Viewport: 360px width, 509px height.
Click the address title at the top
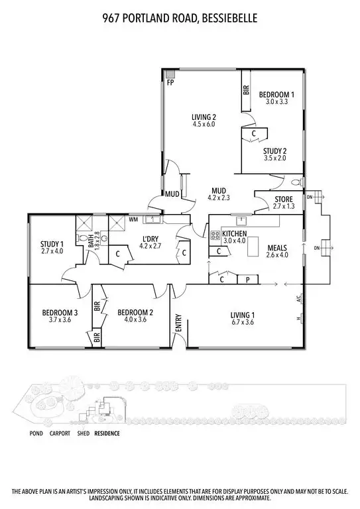point(180,19)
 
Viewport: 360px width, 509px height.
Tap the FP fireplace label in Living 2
point(170,84)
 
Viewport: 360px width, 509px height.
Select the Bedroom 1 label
point(276,94)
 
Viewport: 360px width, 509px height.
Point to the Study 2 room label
point(274,150)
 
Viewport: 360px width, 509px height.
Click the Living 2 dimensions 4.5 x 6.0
point(204,124)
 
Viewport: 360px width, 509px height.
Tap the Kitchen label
point(235,233)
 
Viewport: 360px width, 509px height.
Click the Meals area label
point(278,247)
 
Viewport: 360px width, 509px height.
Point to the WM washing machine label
point(133,219)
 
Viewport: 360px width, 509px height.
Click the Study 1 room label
point(52,243)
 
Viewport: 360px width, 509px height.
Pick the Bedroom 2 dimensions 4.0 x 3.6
point(135,319)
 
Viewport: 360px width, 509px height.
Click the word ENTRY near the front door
point(178,323)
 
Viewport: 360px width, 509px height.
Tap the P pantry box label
point(247,280)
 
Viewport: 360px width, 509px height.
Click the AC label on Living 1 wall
point(300,300)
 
